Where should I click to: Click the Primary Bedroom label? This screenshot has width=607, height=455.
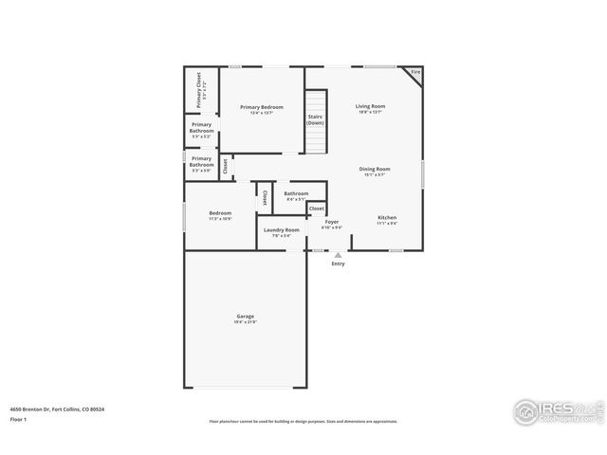[261, 107]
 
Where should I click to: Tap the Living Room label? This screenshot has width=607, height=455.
[370, 106]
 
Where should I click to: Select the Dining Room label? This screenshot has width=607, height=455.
[374, 169]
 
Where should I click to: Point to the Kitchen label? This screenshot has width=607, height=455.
[387, 217]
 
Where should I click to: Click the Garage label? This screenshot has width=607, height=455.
[245, 316]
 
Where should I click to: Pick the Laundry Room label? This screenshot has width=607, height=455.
[282, 229]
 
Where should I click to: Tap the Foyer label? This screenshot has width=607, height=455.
[331, 222]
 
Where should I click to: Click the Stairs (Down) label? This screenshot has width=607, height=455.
[315, 120]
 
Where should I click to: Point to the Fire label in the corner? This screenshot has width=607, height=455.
[414, 72]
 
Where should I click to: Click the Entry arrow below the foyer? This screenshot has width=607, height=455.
[338, 254]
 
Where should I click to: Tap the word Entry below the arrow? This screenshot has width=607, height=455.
[338, 264]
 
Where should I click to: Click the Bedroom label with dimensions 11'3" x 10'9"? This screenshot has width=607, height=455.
[220, 213]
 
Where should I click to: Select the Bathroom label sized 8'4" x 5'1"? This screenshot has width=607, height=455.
[295, 193]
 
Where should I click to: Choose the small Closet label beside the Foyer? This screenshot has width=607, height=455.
[316, 209]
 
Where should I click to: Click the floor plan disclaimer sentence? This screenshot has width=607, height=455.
[303, 422]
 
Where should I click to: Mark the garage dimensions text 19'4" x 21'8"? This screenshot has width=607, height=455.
[245, 322]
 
